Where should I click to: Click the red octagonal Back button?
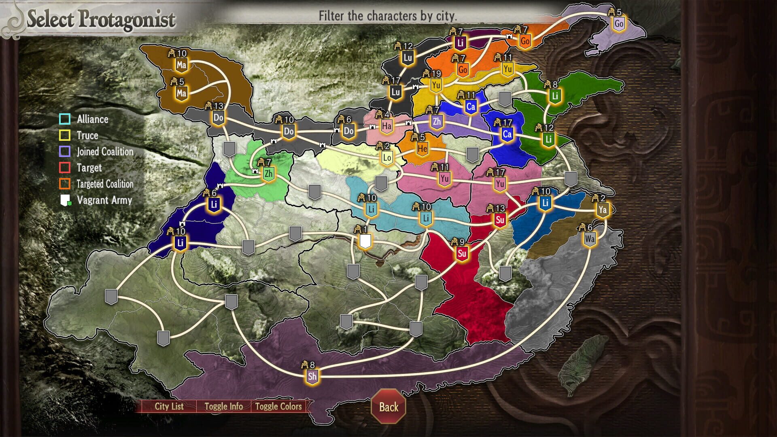pyautogui.click(x=388, y=407)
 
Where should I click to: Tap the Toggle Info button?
pyautogui.click(x=223, y=406)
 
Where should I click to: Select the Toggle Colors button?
pyautogui.click(x=278, y=406)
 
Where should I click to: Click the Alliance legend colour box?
pyautogui.click(x=65, y=119)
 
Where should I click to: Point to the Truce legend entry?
pyautogui.click(x=87, y=135)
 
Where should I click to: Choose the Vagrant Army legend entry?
pyautogui.click(x=104, y=200)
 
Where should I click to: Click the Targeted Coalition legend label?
pyautogui.click(x=105, y=184)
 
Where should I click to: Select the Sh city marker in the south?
pyautogui.click(x=312, y=376)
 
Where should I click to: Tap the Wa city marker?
pyautogui.click(x=590, y=239)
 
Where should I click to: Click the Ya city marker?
pyautogui.click(x=603, y=210)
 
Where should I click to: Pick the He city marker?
pyautogui.click(x=422, y=149)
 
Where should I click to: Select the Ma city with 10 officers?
pyautogui.click(x=181, y=64)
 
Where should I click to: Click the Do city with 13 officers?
pyautogui.click(x=218, y=118)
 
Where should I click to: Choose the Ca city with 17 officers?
pyautogui.click(x=507, y=134)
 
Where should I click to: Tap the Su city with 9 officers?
pyautogui.click(x=462, y=254)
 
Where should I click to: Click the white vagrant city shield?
pyautogui.click(x=365, y=242)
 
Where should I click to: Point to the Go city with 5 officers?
pyautogui.click(x=619, y=23)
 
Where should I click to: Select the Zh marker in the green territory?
pyautogui.click(x=268, y=174)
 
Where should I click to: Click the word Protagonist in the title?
pyautogui.click(x=127, y=19)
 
